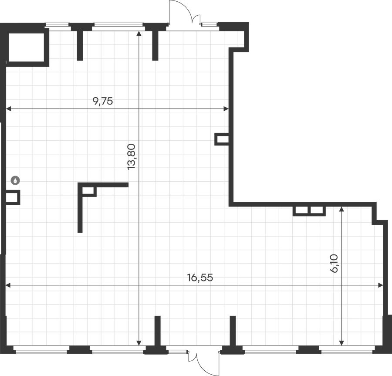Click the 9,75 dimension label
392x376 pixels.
103,101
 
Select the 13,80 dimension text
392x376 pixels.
131,157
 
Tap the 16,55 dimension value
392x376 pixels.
200,278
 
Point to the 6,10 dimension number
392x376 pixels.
334,263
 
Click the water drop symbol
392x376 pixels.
16,180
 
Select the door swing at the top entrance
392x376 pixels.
185,12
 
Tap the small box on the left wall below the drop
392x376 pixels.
13,197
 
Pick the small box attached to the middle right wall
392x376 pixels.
222,139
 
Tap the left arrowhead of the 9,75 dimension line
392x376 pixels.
9,109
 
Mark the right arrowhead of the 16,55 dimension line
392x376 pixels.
381,285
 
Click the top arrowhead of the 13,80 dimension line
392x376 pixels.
139,33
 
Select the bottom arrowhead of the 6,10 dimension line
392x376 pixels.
342,343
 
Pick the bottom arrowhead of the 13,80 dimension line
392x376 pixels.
139,343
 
